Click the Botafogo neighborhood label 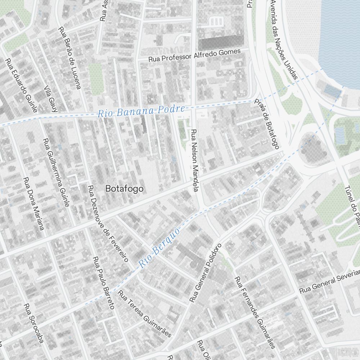[x=124, y=189]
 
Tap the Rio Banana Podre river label [x=141, y=111]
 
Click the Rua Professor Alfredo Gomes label [x=194, y=55]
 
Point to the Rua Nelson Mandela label [x=195, y=161]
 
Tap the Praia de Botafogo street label [x=267, y=124]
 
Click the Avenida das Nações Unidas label [x=284, y=40]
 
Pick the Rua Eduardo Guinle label [x=21, y=85]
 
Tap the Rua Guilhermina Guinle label [x=55, y=173]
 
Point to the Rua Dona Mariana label [x=33, y=203]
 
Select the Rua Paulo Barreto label [x=103, y=283]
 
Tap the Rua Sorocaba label [x=33, y=323]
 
